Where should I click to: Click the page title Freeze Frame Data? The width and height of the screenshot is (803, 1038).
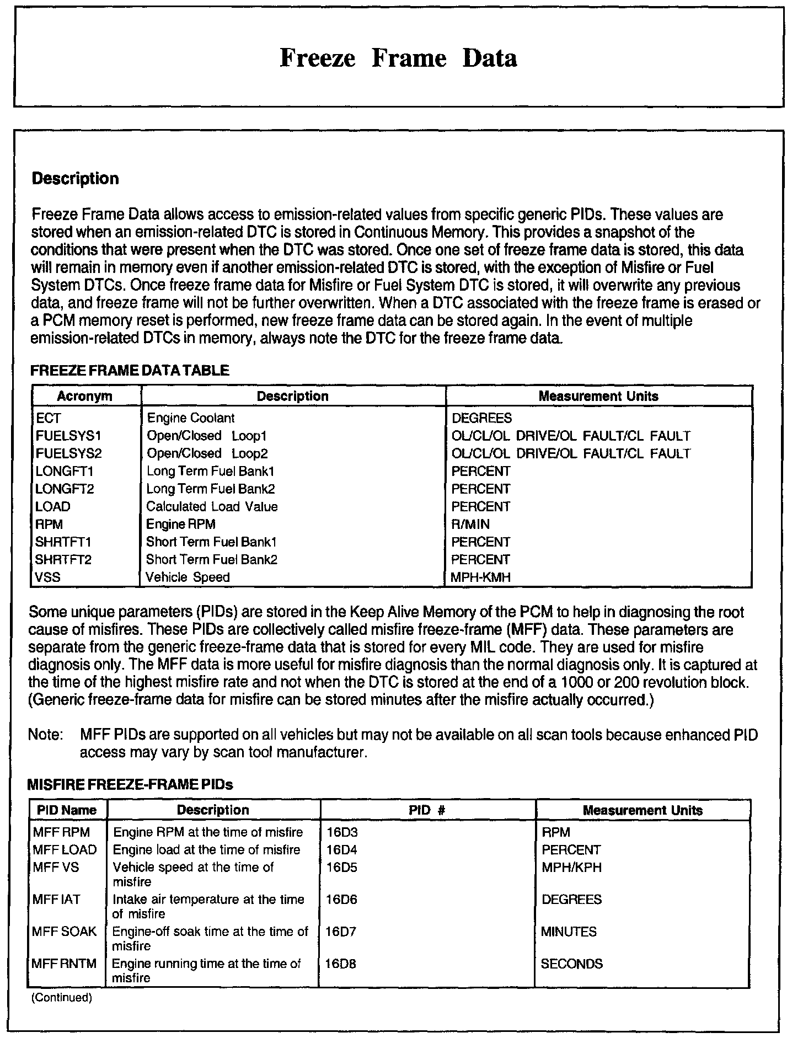tap(398, 58)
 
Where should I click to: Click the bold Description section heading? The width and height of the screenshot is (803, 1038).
tap(76, 179)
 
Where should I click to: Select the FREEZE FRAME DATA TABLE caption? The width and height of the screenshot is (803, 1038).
tap(130, 371)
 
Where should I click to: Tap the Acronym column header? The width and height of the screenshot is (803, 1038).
tap(84, 396)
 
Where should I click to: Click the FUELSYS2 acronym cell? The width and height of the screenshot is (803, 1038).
tap(68, 453)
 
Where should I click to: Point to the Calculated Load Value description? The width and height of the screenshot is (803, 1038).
tap(212, 506)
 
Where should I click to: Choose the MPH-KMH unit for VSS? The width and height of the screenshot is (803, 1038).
tap(480, 577)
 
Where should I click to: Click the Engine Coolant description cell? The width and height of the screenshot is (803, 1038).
tap(190, 418)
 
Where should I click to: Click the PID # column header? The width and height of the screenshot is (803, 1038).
tap(427, 810)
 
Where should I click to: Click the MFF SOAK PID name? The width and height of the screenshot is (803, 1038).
tap(64, 932)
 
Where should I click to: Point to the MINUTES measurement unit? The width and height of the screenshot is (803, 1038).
tap(569, 932)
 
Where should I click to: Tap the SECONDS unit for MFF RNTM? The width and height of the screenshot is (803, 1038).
tap(572, 964)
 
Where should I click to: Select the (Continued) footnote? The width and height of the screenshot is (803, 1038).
tap(62, 997)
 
